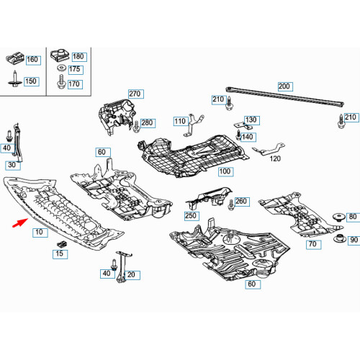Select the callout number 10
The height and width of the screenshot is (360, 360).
point(37,233)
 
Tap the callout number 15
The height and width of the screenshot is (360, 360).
point(60,254)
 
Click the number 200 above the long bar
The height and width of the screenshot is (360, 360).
point(284,86)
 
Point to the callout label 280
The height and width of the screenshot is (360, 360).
point(148,124)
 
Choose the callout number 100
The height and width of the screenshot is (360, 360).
point(225,172)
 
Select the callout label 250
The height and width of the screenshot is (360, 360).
point(191,215)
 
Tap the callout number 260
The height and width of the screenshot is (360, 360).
point(240,202)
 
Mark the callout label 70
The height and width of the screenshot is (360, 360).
point(312,246)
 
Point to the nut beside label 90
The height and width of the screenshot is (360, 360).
point(336,238)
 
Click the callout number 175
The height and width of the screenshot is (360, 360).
point(76,70)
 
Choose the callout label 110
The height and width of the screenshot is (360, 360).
point(179,122)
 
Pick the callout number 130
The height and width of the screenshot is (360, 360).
point(250,120)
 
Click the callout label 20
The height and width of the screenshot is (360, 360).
point(134,274)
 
